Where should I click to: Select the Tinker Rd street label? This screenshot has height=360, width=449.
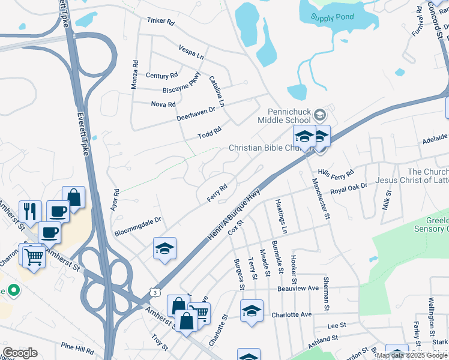[160, 22]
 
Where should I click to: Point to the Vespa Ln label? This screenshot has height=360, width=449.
[191, 51]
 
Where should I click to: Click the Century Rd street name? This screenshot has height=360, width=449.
[161, 76]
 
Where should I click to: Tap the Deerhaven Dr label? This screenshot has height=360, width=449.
[196, 110]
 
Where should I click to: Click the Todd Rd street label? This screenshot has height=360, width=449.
[210, 133]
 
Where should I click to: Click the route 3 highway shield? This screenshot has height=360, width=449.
[155, 292]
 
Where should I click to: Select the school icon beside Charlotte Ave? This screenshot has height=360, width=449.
[252, 310]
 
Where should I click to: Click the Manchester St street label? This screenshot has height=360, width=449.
[324, 198]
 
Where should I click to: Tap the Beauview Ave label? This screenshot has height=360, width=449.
[298, 288]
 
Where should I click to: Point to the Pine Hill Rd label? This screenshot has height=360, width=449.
[77, 347]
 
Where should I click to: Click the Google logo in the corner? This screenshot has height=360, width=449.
[20, 353]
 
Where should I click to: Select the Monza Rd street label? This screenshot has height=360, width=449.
[135, 74]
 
